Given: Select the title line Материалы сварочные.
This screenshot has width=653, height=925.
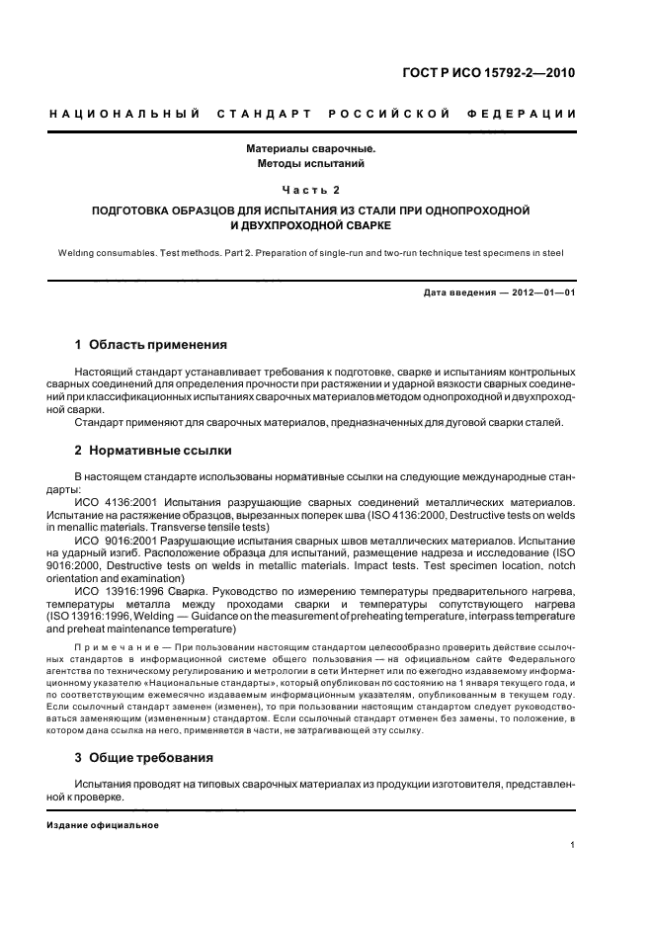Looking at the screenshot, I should click(311, 148).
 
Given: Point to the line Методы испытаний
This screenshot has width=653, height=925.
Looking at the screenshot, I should click(311, 163).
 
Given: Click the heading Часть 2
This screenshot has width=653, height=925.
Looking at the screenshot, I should click(311, 189).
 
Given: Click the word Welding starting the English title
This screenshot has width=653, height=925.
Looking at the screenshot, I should click(80, 253).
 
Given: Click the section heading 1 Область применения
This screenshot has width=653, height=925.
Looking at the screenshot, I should click(151, 345).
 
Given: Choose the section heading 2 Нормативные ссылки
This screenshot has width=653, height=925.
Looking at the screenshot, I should click(153, 451).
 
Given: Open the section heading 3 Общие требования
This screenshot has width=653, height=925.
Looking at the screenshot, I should click(144, 758).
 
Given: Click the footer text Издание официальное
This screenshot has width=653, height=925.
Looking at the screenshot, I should click(103, 825).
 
